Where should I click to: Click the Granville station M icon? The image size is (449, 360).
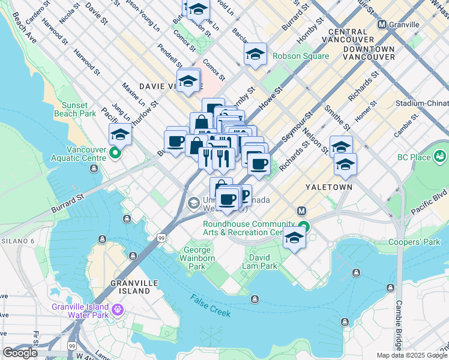tap(382, 25)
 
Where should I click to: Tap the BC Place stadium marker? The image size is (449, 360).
tap(441, 157)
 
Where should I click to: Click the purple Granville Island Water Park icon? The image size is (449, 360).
tap(118, 310)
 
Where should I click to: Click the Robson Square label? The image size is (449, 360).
tap(301, 56)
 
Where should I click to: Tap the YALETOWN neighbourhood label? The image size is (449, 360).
tap(328, 187)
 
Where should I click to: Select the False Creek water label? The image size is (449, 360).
tap(211, 302)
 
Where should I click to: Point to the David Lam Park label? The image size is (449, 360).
tap(260, 262)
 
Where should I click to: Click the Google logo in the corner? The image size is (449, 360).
tap(20, 353)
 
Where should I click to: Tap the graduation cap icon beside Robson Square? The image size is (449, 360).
tap(255, 55)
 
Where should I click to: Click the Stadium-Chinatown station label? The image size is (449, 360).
tap(422, 103)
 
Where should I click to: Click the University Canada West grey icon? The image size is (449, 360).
tap(193, 203)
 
